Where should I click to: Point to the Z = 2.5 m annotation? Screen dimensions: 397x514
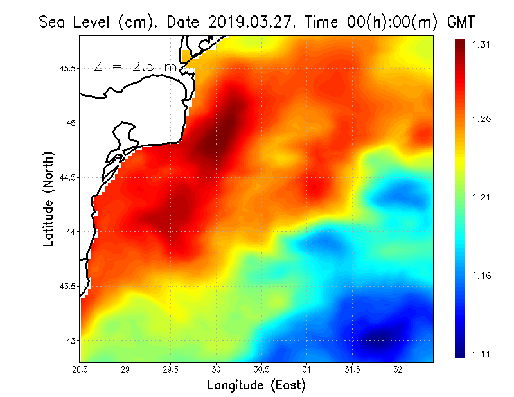click(x=135, y=66)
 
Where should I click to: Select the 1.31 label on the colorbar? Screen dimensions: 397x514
click(x=481, y=44)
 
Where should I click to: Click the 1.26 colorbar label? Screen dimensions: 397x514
click(x=481, y=119)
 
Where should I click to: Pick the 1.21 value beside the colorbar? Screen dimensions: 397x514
click(x=481, y=197)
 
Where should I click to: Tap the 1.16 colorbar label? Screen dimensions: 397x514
click(x=481, y=276)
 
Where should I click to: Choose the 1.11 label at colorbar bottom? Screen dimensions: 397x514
click(x=481, y=354)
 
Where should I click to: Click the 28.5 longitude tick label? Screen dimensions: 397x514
click(x=80, y=369)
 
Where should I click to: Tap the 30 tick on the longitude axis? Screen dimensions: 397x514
click(x=217, y=369)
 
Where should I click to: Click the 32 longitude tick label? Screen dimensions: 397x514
click(x=398, y=369)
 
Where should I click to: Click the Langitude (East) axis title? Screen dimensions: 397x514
click(x=256, y=385)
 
